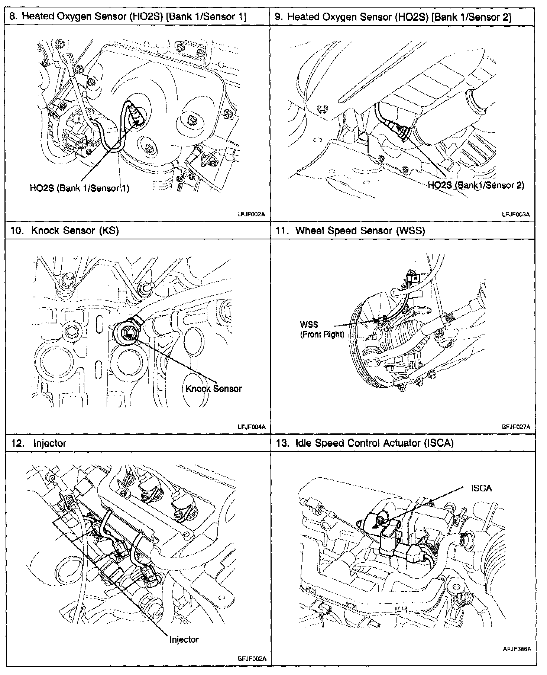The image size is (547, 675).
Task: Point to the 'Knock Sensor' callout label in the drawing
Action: point(214,389)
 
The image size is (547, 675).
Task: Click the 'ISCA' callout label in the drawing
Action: point(481,488)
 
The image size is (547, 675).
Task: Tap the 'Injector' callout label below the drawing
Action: point(184,640)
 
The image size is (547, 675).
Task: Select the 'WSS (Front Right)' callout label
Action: point(322,330)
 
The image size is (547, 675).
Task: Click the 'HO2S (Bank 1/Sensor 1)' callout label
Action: point(80,188)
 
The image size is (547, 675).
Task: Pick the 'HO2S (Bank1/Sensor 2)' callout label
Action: point(476,185)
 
